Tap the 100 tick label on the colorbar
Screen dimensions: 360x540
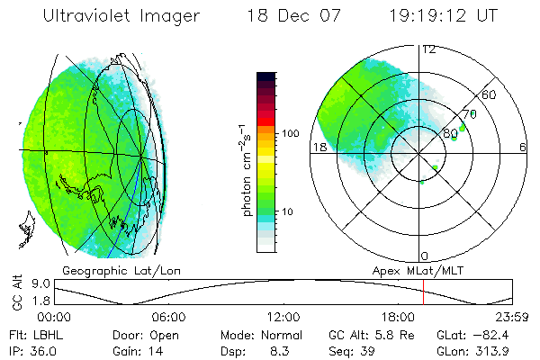coord(290,133)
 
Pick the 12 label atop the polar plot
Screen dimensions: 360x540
coord(429,49)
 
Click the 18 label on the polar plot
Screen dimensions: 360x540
coord(318,147)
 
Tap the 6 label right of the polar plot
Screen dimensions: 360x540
coord(523,147)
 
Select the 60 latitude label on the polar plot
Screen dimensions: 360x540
coord(490,94)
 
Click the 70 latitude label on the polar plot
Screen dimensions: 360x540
coord(468,115)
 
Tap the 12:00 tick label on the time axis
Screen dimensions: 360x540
coord(283,317)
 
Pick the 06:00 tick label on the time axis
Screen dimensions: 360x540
coord(169,317)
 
